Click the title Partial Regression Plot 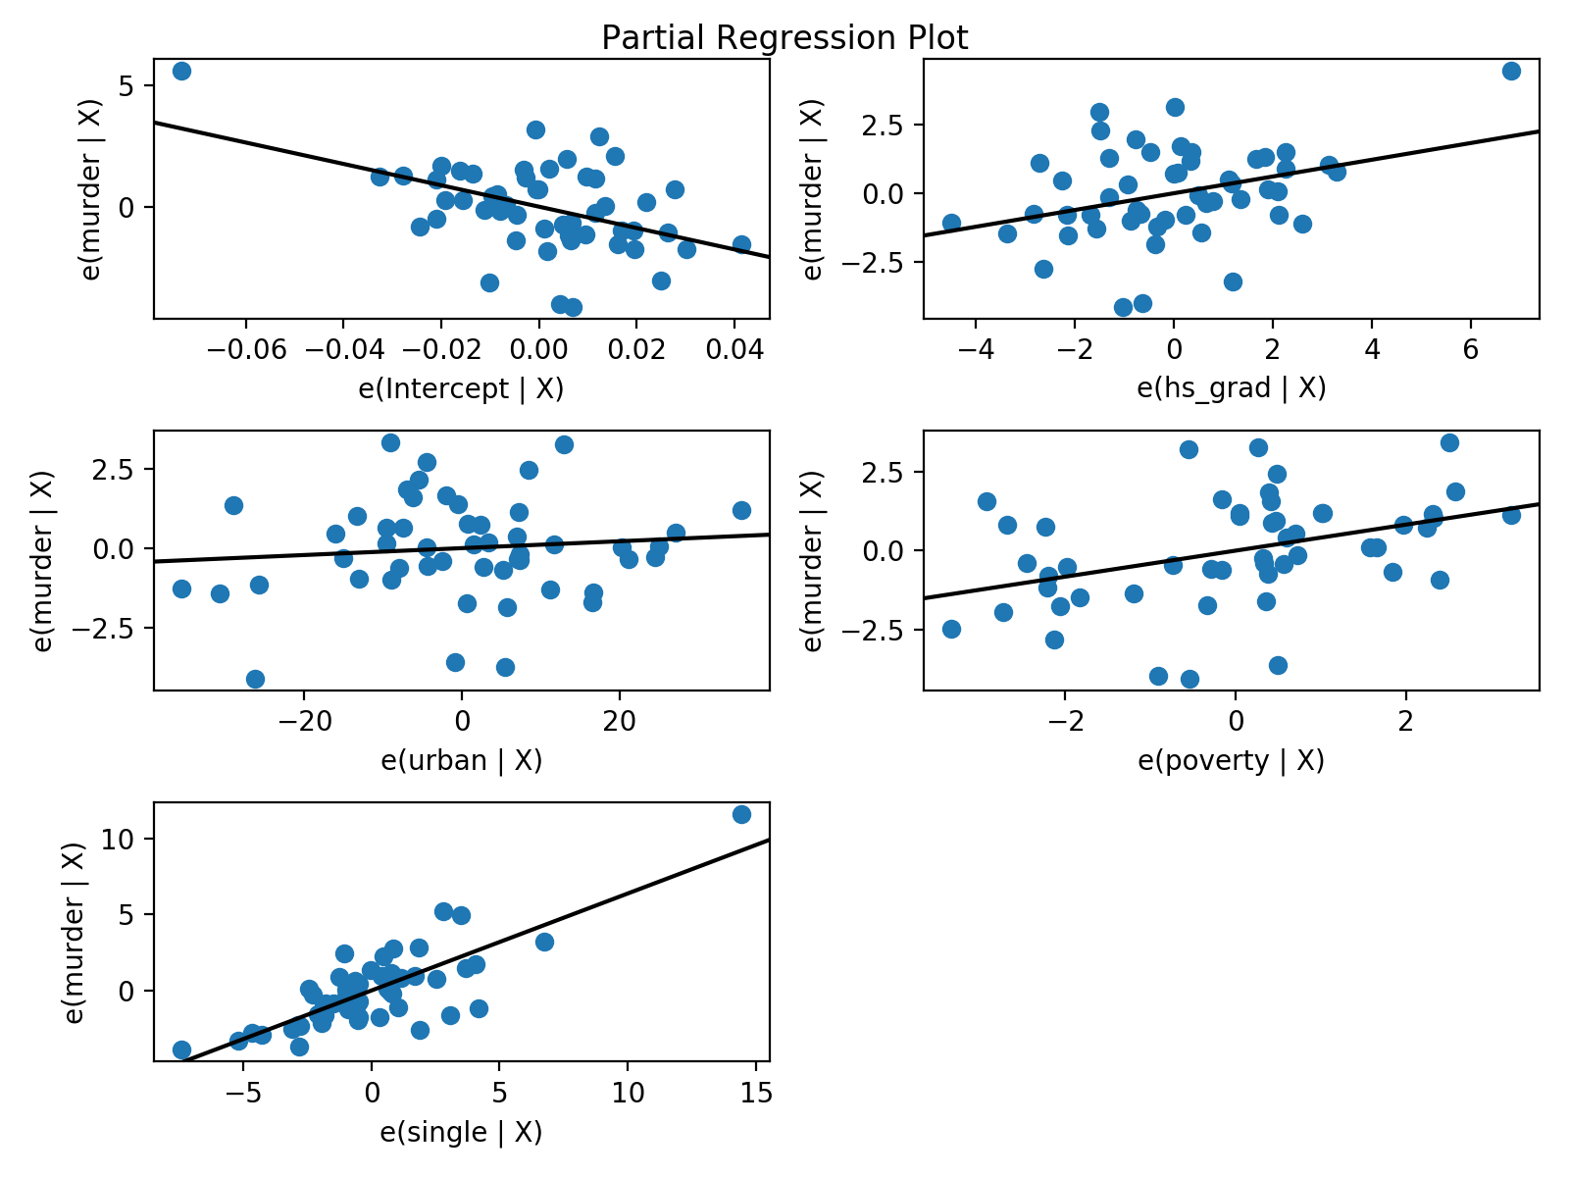784,37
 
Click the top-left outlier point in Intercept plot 181,71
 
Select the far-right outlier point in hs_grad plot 1511,71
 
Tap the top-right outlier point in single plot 741,814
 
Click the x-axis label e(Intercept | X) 461,389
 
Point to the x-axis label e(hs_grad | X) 1231,389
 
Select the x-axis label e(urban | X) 461,761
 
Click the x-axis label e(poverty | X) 1231,761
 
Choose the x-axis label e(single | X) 461,1133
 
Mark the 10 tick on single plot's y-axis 118,839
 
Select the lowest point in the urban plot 255,679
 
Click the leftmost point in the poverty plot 951,629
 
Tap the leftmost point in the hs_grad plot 951,223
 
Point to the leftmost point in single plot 181,1049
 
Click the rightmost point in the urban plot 741,510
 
